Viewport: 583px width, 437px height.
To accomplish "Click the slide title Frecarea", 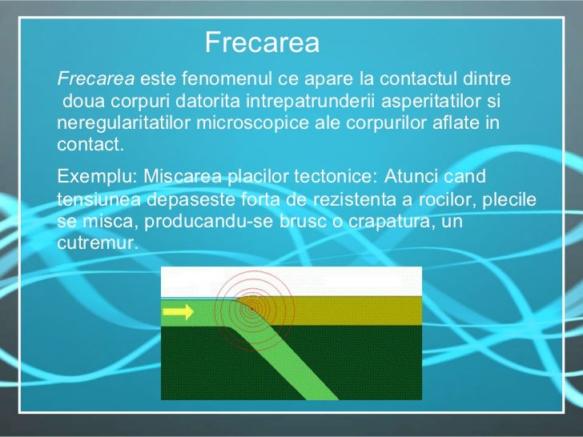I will (262, 42).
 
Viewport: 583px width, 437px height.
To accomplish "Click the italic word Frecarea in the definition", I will (96, 80).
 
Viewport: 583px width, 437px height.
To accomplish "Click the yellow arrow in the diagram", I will (178, 312).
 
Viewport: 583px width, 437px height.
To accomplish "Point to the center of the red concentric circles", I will (251, 307).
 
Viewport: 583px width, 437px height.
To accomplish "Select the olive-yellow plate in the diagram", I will (352, 312).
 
